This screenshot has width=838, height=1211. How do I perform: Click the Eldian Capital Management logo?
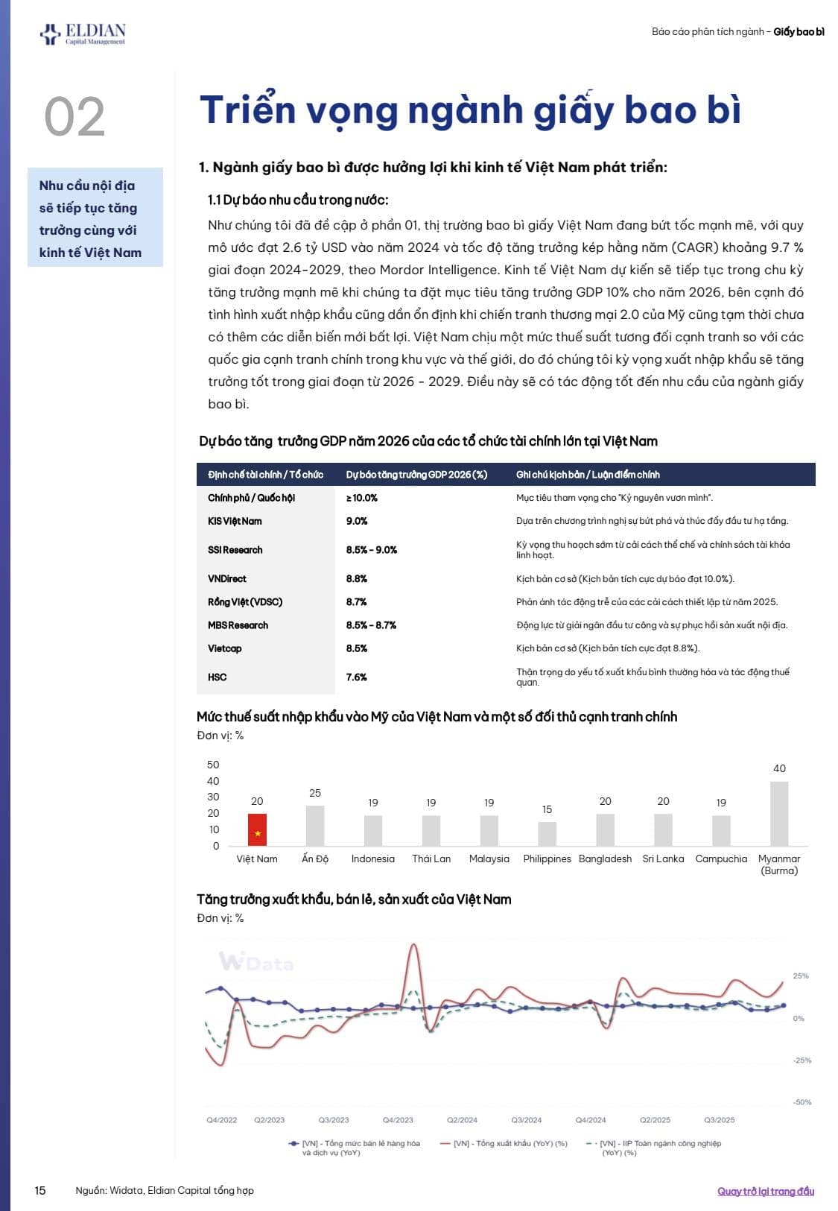(x=83, y=34)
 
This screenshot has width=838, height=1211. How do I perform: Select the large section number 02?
(x=74, y=117)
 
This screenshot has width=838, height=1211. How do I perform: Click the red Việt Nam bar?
(x=257, y=829)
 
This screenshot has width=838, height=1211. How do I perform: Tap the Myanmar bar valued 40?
(x=779, y=813)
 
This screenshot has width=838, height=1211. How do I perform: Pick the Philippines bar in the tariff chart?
(x=547, y=833)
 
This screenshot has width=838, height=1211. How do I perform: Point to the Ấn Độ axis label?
(x=315, y=859)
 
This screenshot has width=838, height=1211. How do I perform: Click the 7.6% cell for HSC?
(x=357, y=677)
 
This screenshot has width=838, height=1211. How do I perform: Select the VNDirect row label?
(x=227, y=578)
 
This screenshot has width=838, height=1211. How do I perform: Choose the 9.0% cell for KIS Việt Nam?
(x=357, y=521)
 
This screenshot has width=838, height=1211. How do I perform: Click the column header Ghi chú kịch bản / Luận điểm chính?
(x=588, y=475)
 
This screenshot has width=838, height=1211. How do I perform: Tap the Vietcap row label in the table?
(x=225, y=648)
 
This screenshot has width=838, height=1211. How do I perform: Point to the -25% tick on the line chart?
(x=802, y=1060)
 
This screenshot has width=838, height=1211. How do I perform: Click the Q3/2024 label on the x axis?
(x=527, y=1119)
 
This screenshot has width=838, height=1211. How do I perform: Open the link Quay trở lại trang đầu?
(x=766, y=1191)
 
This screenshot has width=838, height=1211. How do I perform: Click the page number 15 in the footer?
(x=40, y=1190)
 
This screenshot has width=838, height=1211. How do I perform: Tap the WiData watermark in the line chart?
(x=255, y=962)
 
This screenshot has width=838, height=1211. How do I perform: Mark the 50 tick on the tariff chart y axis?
(x=213, y=765)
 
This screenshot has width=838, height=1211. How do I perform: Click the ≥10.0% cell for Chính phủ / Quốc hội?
(x=362, y=498)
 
